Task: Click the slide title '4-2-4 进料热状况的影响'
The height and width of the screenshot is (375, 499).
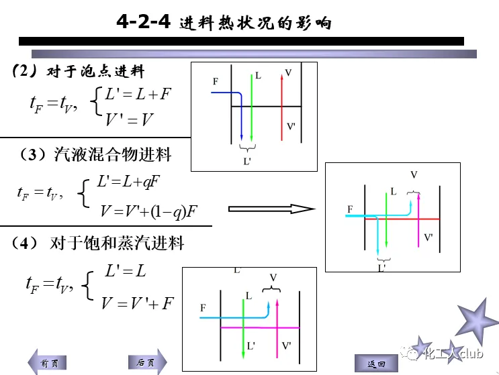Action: [x=224, y=23]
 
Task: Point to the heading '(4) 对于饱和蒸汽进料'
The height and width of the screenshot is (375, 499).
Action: [x=99, y=243]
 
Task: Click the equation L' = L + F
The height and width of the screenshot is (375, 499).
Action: [x=138, y=95]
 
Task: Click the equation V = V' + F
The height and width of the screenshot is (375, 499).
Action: [x=137, y=303]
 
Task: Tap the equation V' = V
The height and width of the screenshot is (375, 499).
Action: [x=129, y=121]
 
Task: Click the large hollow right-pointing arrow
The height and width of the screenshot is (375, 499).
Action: [x=271, y=209]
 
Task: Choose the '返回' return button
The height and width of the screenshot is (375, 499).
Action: [x=376, y=364]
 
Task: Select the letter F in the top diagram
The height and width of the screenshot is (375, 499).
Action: [x=216, y=82]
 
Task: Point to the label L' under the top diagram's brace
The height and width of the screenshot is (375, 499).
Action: [x=247, y=160]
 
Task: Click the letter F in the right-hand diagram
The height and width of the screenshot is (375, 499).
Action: [x=350, y=210]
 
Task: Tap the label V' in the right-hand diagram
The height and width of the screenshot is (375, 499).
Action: [x=429, y=237]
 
